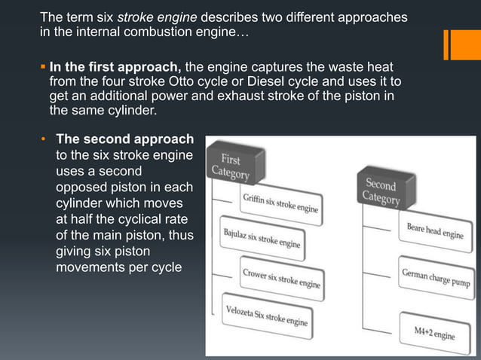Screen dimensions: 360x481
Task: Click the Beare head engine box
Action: (x=435, y=230)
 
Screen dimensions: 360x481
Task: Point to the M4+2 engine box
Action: (x=434, y=332)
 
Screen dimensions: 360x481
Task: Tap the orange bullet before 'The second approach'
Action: (x=44, y=140)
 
